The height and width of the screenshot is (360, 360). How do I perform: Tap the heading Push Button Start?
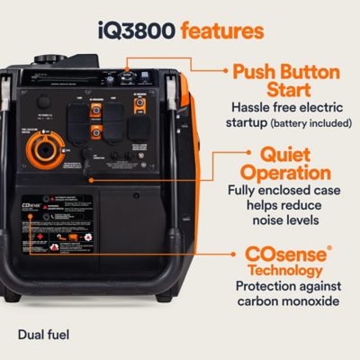[x=290, y=82]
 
